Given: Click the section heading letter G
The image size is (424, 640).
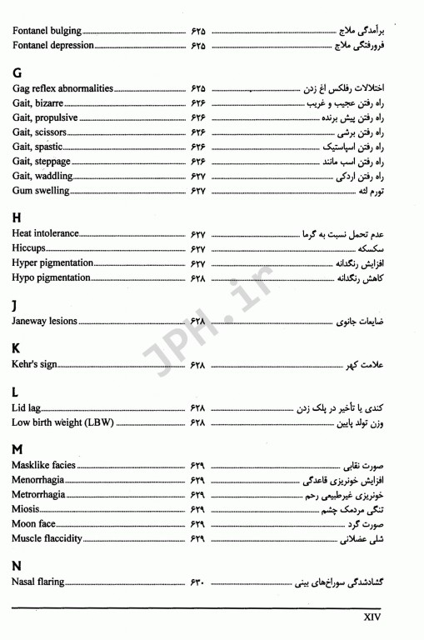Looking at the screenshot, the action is tap(17, 72).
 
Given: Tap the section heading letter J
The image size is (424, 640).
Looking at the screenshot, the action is tap(16, 304).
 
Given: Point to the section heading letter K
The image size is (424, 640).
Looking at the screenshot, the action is tap(17, 347).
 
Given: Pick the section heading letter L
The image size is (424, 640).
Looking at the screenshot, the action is tap(16, 391).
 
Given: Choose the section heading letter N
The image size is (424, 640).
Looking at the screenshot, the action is tap(17, 565).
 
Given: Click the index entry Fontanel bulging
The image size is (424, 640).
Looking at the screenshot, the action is tap(47, 31).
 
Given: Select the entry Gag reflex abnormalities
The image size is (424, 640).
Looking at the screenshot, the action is tap(62, 87).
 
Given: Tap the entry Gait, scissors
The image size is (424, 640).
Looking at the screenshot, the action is tap(43, 132).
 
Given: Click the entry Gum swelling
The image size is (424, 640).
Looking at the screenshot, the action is tap(41, 191).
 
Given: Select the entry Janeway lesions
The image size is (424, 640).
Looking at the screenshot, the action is tap(44, 321).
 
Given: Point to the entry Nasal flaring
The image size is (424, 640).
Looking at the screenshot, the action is tap(38, 582).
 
